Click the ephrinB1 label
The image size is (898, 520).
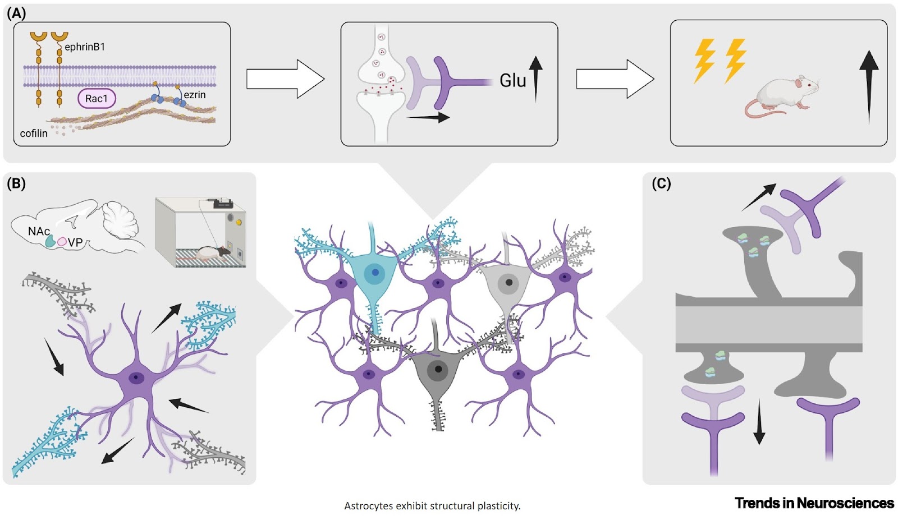pos(84,47)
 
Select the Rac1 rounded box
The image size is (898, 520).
pos(96,99)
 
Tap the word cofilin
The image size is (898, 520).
pos(34,134)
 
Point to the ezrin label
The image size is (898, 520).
pos(195,95)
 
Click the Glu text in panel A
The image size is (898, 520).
pos(513,81)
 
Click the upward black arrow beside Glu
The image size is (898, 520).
pos(535,79)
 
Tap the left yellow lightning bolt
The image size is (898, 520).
pos(704,61)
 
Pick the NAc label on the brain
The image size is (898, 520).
pos(39,231)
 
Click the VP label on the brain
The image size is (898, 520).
pos(75,243)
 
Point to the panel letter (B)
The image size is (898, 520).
pos(16,183)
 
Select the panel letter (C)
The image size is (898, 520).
pos(661,183)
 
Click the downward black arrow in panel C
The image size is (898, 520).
pos(759,421)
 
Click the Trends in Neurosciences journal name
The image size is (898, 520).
pos(814,503)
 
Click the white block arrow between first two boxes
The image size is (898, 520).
pos(285,80)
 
